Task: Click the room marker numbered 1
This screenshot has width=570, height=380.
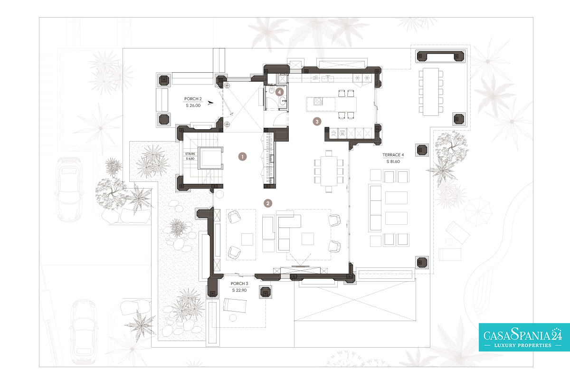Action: pyautogui.click(x=242, y=157)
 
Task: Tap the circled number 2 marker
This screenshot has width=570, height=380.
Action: pyautogui.click(x=268, y=203)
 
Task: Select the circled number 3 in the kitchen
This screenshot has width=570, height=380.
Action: pyautogui.click(x=317, y=122)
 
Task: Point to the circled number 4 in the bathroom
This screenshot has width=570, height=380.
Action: pyautogui.click(x=279, y=92)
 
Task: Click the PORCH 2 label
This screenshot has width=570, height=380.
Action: pyautogui.click(x=193, y=99)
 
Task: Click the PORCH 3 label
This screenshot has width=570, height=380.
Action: pyautogui.click(x=239, y=284)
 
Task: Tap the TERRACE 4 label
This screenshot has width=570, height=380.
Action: pyautogui.click(x=393, y=155)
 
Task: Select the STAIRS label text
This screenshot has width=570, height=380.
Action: pyautogui.click(x=190, y=154)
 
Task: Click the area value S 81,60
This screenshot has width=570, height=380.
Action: pyautogui.click(x=393, y=161)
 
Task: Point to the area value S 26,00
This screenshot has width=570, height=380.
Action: pyautogui.click(x=193, y=105)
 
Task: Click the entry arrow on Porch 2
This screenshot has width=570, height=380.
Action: pyautogui.click(x=210, y=103)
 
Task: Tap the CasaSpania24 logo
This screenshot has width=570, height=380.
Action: pyautogui.click(x=524, y=337)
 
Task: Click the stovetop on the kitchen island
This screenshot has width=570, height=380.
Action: pyautogui.click(x=318, y=102)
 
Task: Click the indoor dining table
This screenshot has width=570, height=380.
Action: pyautogui.click(x=329, y=171)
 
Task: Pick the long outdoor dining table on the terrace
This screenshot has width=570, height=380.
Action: pyautogui.click(x=431, y=92)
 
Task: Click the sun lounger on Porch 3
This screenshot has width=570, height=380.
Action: pyautogui.click(x=235, y=306)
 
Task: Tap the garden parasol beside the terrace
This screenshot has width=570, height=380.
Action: pyautogui.click(x=478, y=211)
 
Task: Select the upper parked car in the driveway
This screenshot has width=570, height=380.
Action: pyautogui.click(x=68, y=189)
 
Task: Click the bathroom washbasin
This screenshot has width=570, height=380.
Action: pyautogui.click(x=283, y=101)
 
